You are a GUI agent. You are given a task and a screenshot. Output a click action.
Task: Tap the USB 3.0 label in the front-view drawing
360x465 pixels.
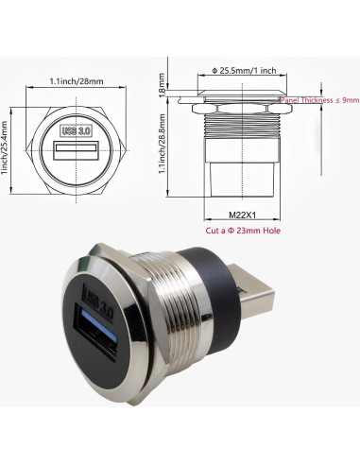click(77, 130)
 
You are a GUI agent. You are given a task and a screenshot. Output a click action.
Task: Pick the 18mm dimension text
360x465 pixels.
click(163, 88)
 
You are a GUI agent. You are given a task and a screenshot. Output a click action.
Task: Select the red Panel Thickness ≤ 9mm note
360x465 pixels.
click(319, 98)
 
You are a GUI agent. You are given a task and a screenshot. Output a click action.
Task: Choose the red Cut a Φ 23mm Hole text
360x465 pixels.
click(244, 231)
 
